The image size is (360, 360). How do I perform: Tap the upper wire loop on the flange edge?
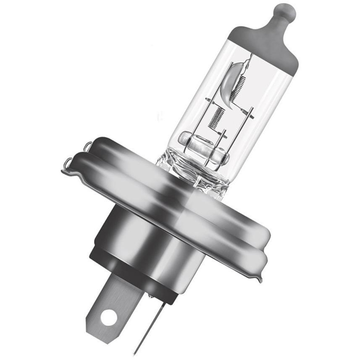coord(87,146)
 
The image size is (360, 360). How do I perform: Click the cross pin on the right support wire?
coord(250,112)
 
